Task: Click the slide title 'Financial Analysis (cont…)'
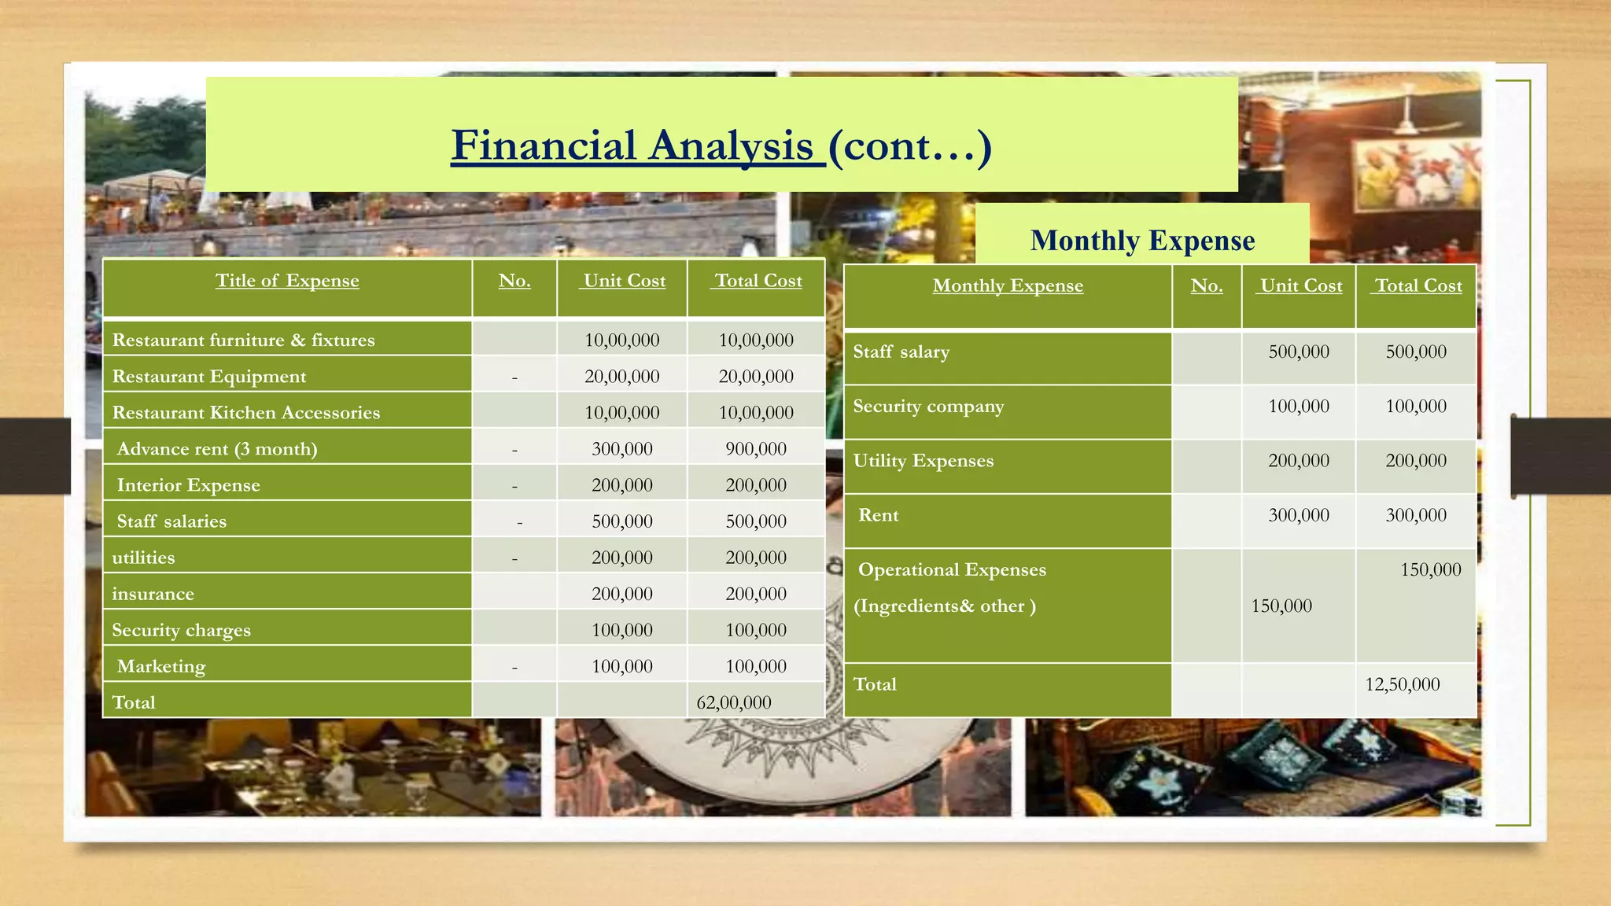[x=721, y=146]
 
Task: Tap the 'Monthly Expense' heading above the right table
[x=1142, y=241]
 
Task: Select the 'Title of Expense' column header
[x=287, y=281]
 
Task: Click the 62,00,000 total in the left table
[x=733, y=702]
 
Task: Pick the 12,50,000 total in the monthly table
[x=1402, y=684]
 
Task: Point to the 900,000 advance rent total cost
[x=755, y=449]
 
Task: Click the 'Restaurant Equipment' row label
[x=209, y=377]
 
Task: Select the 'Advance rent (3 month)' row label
[x=217, y=449]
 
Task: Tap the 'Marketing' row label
[x=161, y=666]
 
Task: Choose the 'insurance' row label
[x=153, y=594]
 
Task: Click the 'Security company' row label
[x=928, y=407]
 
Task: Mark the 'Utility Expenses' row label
[x=923, y=461]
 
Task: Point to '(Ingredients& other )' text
[x=944, y=606]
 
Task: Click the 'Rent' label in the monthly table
[x=878, y=515]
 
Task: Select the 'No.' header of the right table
[x=1206, y=285]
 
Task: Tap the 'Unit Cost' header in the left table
[x=624, y=281]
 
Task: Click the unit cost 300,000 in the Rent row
[x=1298, y=515]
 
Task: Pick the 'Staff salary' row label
[x=901, y=352]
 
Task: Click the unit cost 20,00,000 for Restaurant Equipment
[x=621, y=377]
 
